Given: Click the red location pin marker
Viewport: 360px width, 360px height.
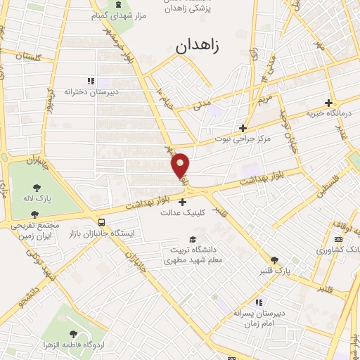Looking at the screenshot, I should pyautogui.click(x=181, y=165).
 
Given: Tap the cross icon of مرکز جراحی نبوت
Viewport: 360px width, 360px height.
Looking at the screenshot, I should pyautogui.click(x=243, y=128).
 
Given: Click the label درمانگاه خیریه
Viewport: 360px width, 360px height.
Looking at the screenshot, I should pyautogui.click(x=328, y=113).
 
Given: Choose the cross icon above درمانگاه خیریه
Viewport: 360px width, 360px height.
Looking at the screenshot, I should pyautogui.click(x=328, y=103).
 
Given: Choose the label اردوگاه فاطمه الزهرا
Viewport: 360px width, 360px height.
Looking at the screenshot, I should pyautogui.click(x=73, y=345).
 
